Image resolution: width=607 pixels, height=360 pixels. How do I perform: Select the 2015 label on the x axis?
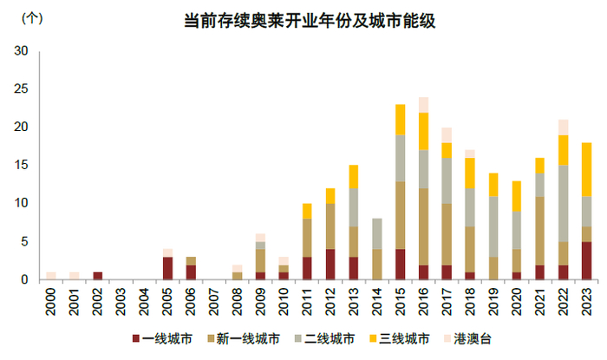coord(401,303)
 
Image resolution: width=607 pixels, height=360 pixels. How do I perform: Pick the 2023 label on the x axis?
coord(586,303)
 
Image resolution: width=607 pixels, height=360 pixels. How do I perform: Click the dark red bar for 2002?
coord(97,276)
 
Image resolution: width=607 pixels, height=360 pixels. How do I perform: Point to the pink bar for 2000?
coord(50,276)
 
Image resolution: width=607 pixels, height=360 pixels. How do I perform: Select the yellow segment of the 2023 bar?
coord(586,169)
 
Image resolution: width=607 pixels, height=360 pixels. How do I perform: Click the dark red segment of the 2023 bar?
coord(586,260)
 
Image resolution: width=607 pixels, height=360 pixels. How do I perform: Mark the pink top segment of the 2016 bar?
coord(423,105)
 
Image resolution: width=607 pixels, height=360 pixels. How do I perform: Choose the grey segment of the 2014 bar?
coord(376,233)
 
